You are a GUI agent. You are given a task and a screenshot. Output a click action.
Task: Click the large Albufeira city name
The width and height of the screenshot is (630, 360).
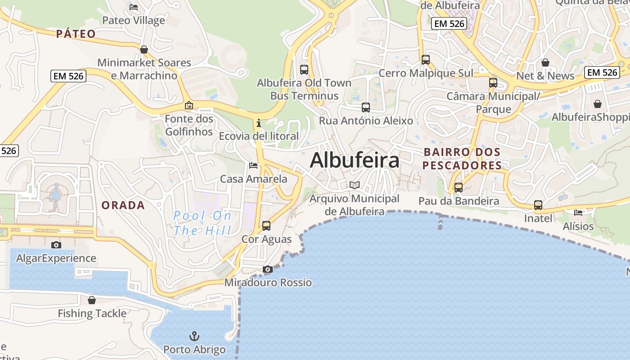(x=355, y=160)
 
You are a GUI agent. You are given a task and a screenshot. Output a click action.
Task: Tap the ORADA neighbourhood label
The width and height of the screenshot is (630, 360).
(x=123, y=205)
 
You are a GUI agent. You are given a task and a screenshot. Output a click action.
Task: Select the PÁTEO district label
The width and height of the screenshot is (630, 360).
(x=76, y=34)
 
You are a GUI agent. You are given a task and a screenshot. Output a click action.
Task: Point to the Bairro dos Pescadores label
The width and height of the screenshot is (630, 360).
(x=462, y=159)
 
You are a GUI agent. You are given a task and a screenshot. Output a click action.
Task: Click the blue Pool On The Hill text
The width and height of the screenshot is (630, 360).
(x=202, y=223)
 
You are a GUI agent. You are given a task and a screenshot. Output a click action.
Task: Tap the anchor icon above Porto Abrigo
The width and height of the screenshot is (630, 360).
(x=194, y=336)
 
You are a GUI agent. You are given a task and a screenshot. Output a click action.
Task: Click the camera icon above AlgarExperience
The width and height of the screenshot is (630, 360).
(x=56, y=245)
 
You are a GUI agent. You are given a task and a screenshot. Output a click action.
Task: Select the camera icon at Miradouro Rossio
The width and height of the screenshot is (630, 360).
(x=268, y=269)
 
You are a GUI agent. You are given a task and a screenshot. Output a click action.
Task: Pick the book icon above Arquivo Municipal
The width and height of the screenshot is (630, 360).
(x=355, y=185)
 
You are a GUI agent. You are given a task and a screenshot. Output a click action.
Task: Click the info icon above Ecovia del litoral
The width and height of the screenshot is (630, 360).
(x=259, y=123)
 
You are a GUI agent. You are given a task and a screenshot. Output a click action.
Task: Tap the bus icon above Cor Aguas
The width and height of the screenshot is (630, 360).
(x=266, y=225)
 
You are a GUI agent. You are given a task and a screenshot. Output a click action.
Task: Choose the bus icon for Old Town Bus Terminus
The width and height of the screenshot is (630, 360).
(x=304, y=70)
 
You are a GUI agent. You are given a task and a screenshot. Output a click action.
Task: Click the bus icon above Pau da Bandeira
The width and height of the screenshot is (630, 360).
(x=459, y=188)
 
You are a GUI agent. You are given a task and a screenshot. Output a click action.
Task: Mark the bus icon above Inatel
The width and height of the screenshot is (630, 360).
(x=538, y=205)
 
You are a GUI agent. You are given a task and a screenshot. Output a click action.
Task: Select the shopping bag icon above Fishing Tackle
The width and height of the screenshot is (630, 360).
(x=92, y=300)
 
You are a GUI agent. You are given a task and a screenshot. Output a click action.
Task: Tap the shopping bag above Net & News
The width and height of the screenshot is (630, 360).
(x=545, y=62)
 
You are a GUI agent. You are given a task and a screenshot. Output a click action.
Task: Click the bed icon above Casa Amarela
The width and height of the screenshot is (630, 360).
(x=253, y=166)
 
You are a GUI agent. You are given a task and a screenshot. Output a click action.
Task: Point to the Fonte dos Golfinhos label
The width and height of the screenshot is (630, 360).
(x=189, y=125)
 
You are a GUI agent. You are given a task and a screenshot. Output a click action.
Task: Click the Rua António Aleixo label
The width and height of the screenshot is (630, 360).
(x=366, y=121)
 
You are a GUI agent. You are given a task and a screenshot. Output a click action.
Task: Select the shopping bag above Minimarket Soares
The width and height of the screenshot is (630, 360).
(x=144, y=49)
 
